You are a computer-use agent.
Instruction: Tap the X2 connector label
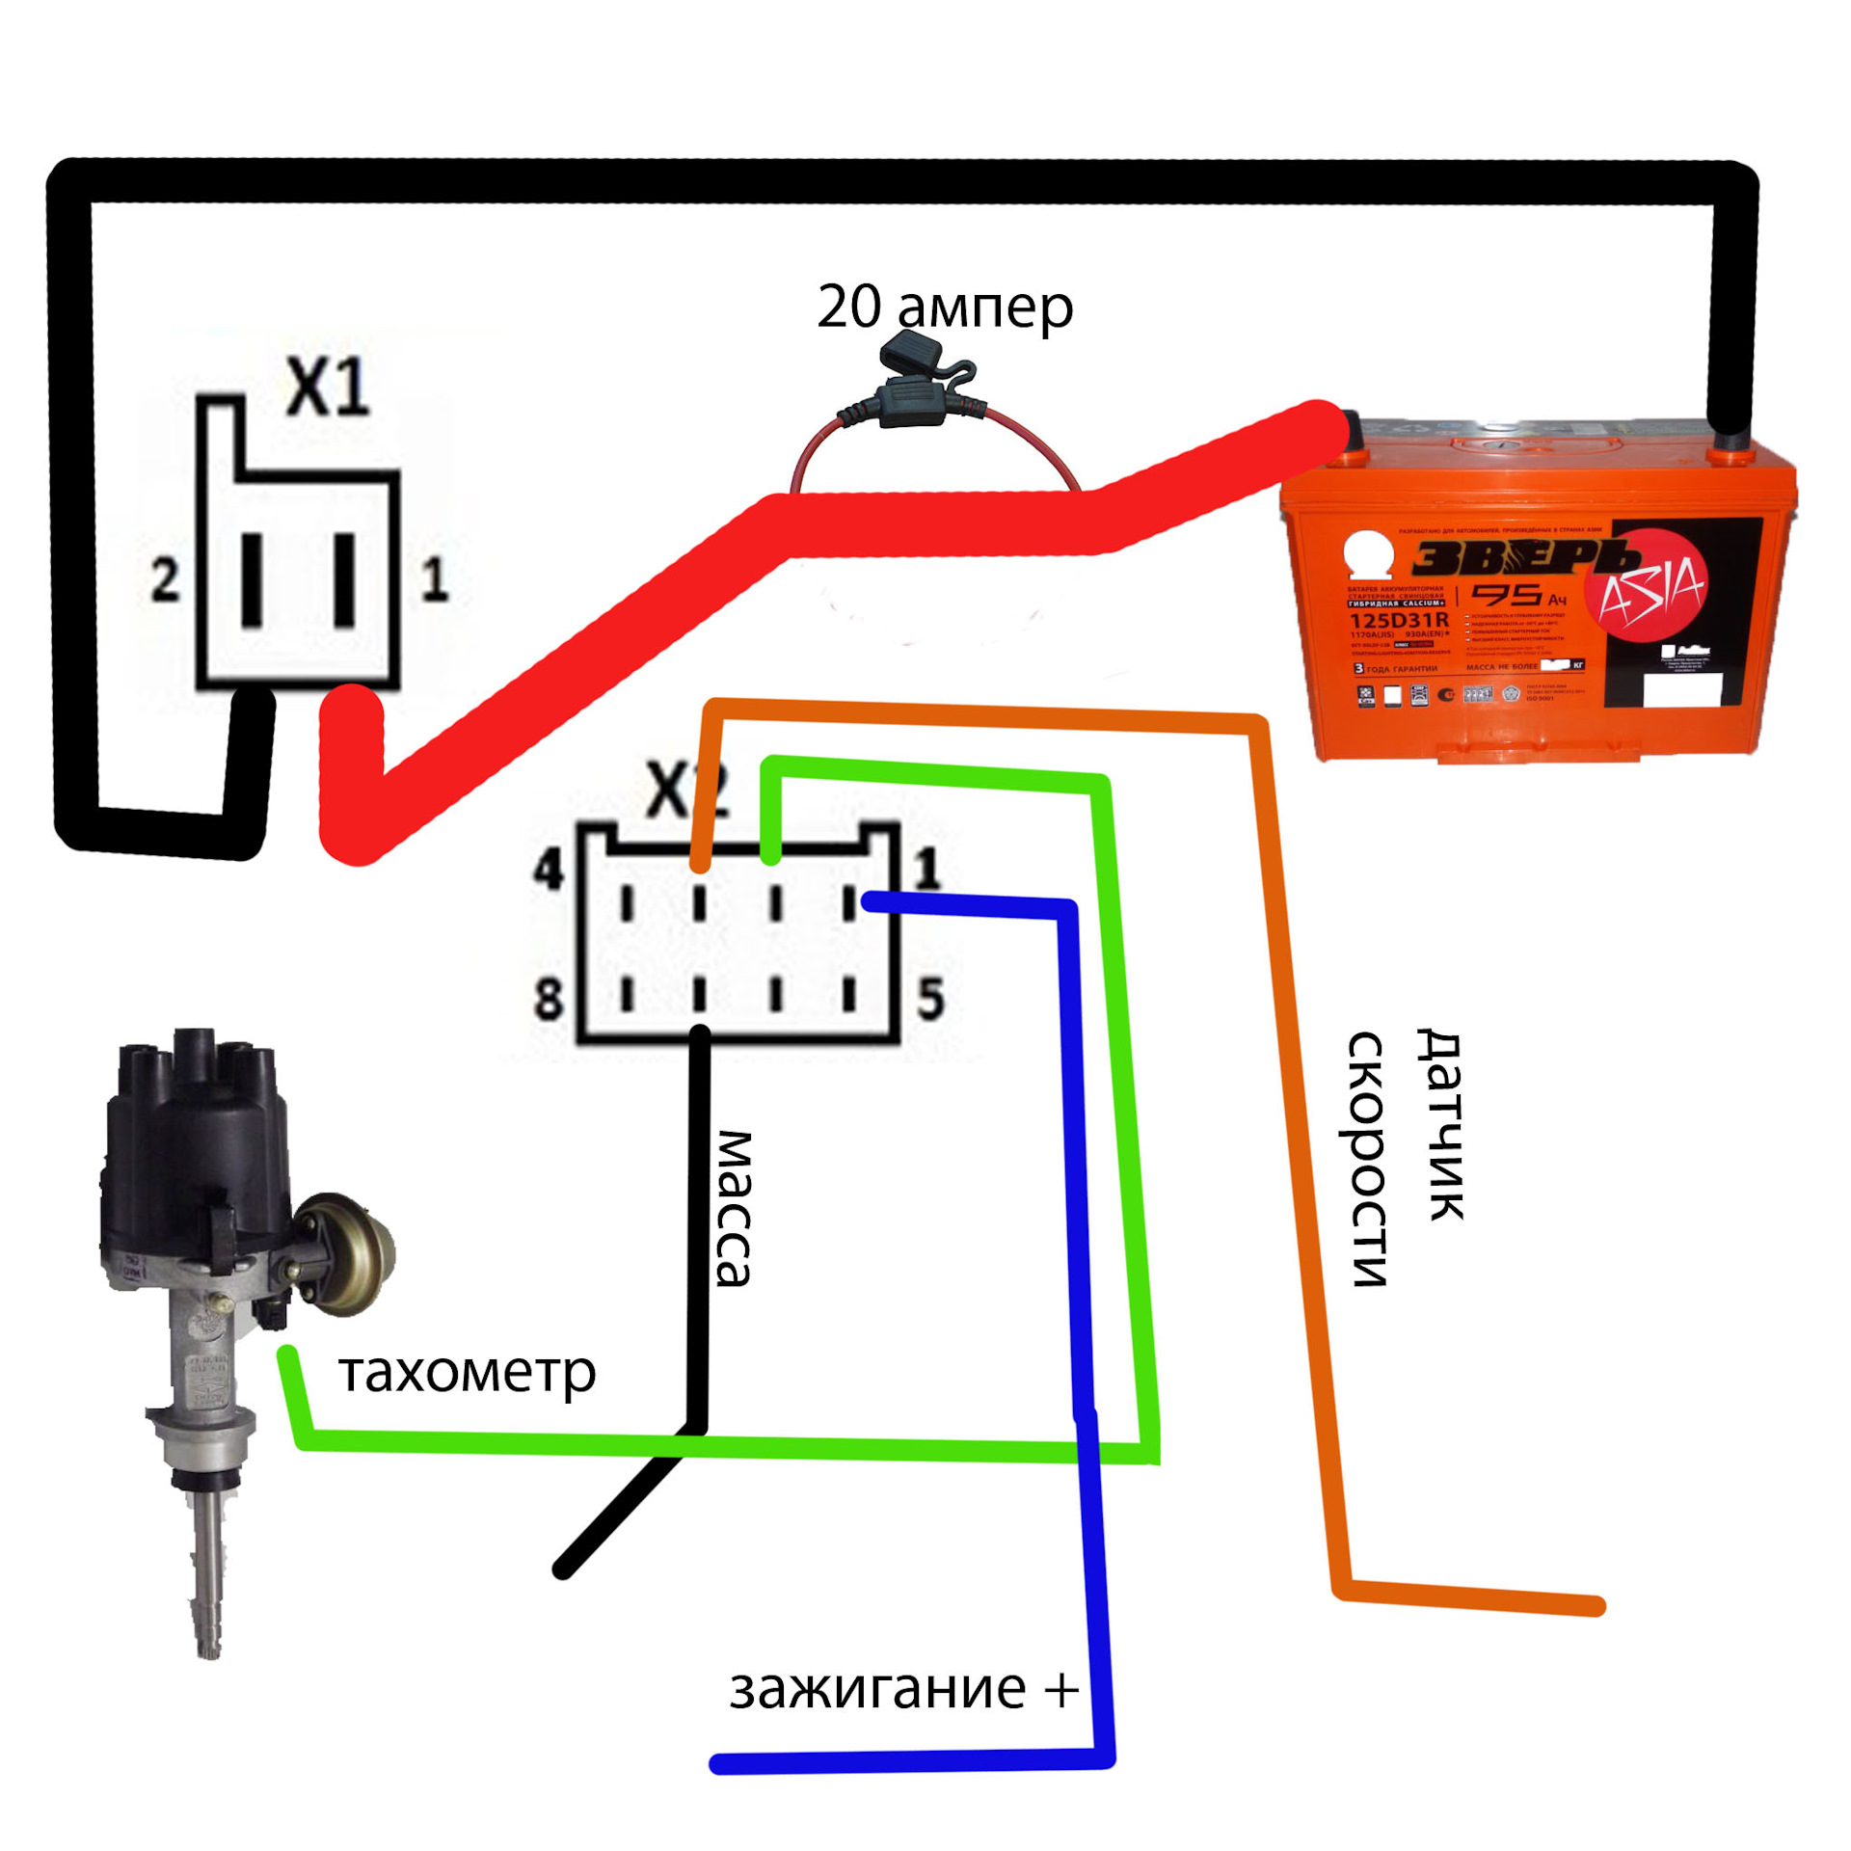pos(686,791)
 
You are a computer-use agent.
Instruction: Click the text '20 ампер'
pos(944,307)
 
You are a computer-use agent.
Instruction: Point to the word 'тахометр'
pos(467,1373)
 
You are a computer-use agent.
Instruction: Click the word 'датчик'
pos(1440,1124)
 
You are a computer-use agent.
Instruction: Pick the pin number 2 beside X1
pos(165,580)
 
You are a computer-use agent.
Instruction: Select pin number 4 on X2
pos(549,871)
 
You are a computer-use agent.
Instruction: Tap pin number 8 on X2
pos(549,998)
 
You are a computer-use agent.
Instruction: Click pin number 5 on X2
pos(930,998)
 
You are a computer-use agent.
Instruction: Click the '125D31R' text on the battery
pos(1399,620)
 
